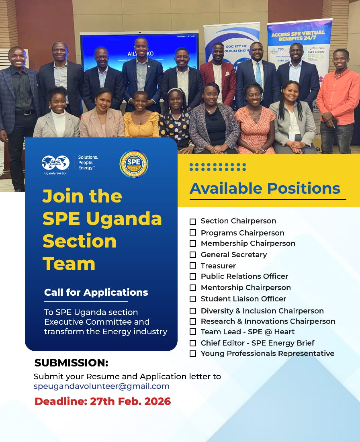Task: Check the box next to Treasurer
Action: tap(193, 266)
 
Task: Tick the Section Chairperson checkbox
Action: tap(193, 221)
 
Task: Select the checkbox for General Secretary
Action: tap(193, 255)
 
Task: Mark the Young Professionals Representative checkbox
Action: tap(193, 354)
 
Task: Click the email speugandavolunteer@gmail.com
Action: tap(102, 386)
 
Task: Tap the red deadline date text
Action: tap(103, 401)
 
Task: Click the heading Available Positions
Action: tap(265, 188)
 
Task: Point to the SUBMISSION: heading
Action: tap(72, 363)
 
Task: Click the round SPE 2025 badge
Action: tap(134, 164)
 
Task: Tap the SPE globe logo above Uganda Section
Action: tap(55, 163)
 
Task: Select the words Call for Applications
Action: tap(96, 292)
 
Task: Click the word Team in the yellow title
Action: tap(69, 263)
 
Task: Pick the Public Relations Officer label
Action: tap(244, 276)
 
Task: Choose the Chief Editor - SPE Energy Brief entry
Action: tap(258, 343)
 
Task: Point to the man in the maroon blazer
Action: tap(217, 76)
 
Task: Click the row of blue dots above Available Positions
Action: tap(217, 167)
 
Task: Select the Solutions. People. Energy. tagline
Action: tap(88, 162)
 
